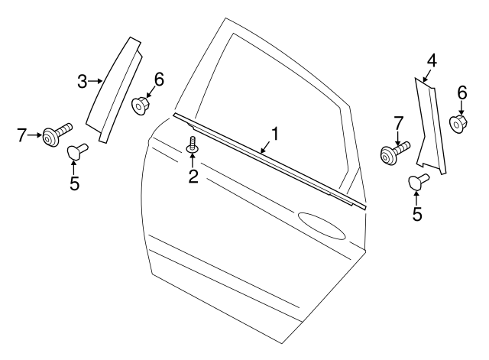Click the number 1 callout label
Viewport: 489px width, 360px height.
click(274, 134)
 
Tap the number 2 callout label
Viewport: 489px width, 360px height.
click(193, 177)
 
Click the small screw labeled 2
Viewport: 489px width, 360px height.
click(192, 143)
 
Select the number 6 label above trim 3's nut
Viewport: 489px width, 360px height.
click(159, 78)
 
